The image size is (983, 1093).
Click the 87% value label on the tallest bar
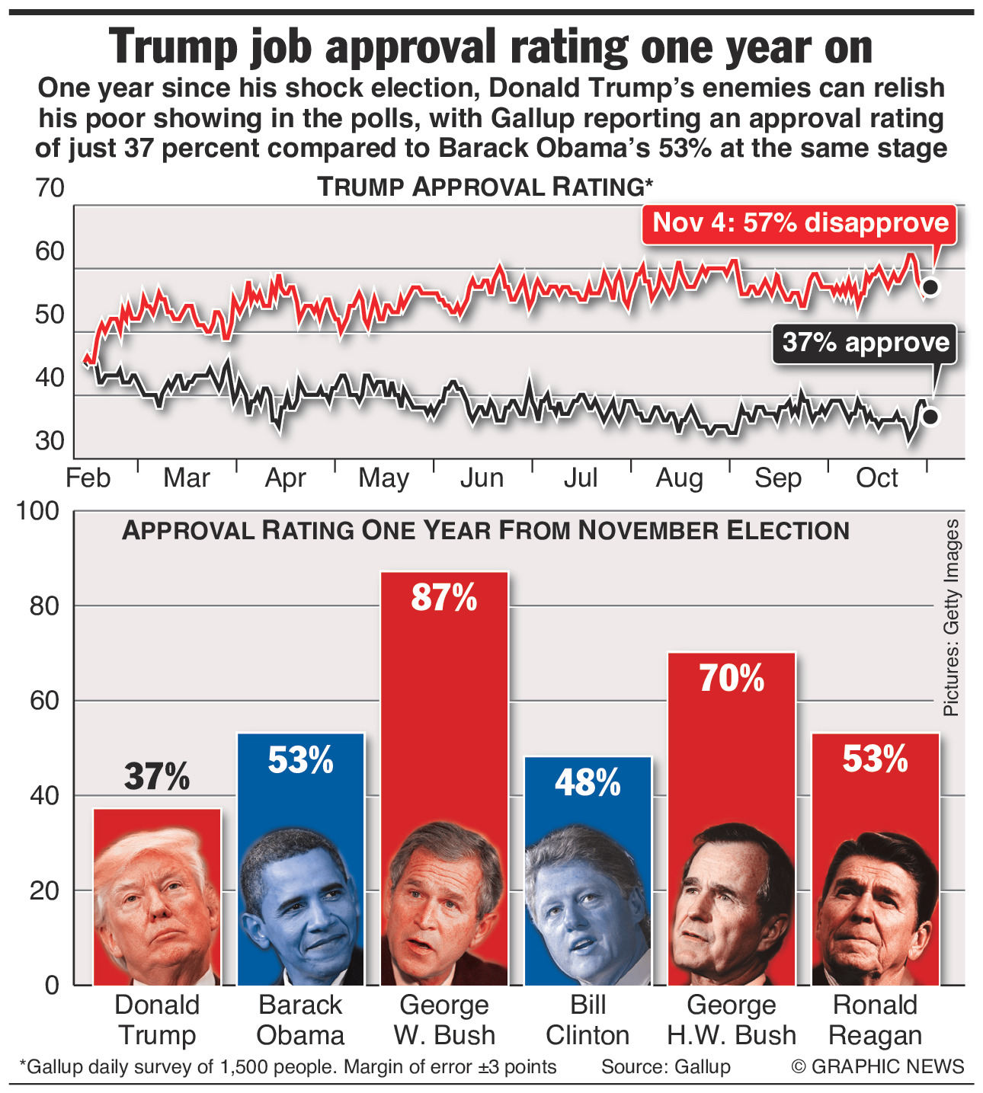point(443,598)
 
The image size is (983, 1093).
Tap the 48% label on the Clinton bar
point(588,782)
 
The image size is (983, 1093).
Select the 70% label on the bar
point(732,678)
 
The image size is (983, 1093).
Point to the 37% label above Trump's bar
point(157,777)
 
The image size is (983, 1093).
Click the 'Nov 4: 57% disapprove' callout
point(800,223)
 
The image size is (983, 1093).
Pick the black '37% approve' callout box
point(866,343)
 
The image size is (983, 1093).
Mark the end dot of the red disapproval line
point(930,287)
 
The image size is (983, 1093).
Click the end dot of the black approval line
point(930,417)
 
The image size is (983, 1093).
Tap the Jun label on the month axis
point(482,478)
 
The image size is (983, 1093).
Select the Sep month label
point(778,478)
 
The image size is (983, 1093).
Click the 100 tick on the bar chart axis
point(38,511)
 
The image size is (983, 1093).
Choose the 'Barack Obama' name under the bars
point(300,1020)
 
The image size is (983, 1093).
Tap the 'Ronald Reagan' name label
point(875,1020)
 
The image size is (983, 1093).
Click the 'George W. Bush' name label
point(444,1020)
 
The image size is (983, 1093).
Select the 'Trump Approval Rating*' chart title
point(485,187)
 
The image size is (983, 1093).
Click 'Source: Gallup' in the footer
point(666,1067)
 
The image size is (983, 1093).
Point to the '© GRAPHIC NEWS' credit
point(878,1067)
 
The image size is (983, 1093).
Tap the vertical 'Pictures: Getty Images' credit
point(952,618)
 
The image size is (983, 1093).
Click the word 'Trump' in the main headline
point(174,47)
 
